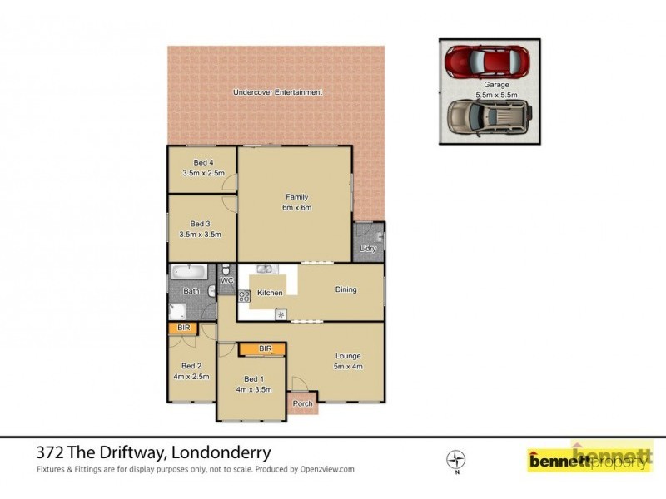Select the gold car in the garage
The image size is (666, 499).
[488, 116]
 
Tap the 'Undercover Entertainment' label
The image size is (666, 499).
[277, 92]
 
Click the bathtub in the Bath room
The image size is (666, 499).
[189, 271]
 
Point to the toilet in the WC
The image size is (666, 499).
[226, 270]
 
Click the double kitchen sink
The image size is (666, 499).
[265, 269]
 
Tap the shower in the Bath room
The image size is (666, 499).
[177, 311]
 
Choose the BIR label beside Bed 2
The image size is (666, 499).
[184, 329]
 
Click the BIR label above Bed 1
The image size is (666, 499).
[265, 348]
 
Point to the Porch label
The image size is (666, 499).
[303, 404]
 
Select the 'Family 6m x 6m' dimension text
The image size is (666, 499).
[297, 207]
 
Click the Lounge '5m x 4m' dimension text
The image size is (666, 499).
[347, 366]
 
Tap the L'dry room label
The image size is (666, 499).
[367, 249]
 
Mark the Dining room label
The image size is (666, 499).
[345, 290]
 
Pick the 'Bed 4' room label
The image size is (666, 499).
[203, 162]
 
